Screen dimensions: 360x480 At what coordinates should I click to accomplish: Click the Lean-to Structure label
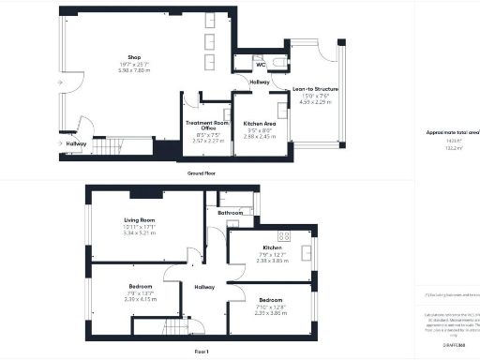[x=315, y=89]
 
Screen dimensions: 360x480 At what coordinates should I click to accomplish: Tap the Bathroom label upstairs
[x=232, y=214]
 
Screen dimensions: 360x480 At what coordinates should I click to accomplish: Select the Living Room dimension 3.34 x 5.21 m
[x=144, y=235]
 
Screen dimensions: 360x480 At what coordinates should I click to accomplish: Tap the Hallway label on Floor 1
[x=203, y=287]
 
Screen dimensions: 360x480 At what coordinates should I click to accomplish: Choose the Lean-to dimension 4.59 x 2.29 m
[x=315, y=103]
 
